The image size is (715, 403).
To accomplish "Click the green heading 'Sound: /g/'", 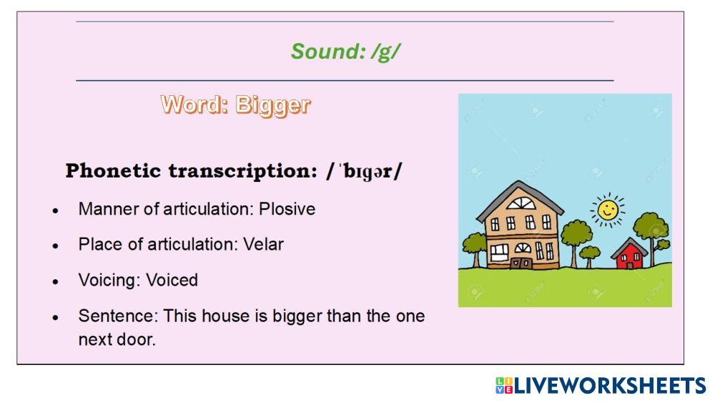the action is click(345, 52).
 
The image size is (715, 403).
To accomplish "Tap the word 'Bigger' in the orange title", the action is click(272, 105).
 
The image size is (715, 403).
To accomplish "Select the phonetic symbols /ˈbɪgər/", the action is click(365, 171).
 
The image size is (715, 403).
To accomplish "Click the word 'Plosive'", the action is click(287, 209).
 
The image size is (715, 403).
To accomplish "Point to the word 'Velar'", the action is click(263, 244).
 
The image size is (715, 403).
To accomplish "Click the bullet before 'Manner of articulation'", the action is click(56, 210).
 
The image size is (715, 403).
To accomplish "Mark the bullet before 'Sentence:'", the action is click(56, 317).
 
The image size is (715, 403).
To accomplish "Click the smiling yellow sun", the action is click(607, 210).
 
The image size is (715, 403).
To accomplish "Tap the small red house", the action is click(629, 254).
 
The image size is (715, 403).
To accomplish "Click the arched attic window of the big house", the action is click(521, 203).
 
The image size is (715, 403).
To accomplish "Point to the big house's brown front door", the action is click(521, 263).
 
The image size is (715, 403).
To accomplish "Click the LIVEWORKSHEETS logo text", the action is click(610, 386).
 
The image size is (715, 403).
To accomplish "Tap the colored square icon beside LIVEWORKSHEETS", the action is click(504, 386).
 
